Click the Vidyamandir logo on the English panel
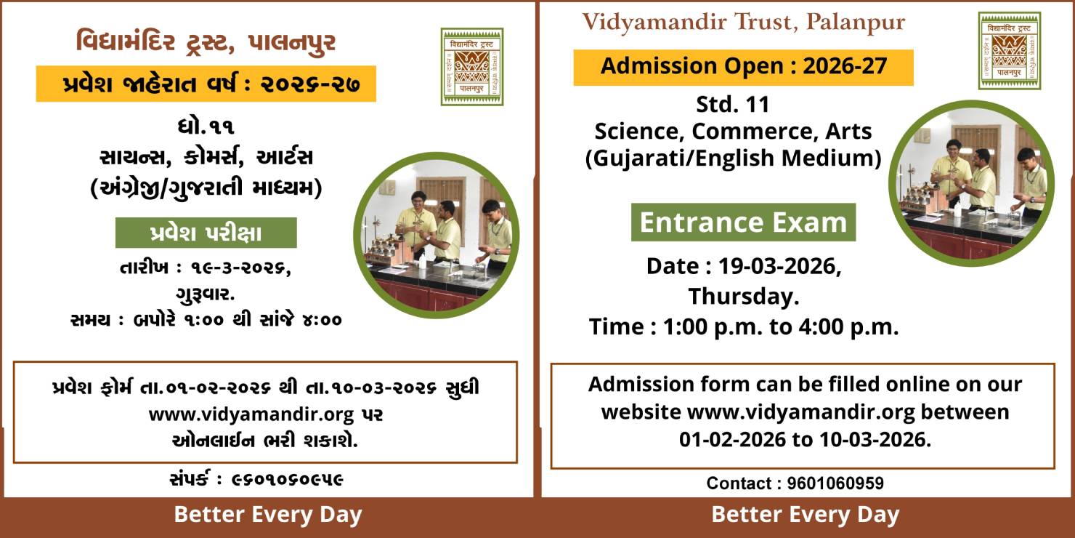pos(1009,51)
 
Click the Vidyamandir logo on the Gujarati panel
pos(471,67)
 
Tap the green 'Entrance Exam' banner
pos(743,222)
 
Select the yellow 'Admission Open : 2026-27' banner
pos(743,67)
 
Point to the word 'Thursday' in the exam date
pos(743,297)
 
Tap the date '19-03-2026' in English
pos(777,266)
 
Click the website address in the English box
pos(800,413)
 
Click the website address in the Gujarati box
pos(251,414)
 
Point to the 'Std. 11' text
pos(733,104)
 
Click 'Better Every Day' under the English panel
pos(806,515)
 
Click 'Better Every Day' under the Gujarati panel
pos(268,515)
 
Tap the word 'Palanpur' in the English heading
pos(856,23)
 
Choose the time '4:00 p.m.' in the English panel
pos(848,327)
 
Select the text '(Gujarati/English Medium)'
pos(734,158)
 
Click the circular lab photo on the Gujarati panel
pos(437,236)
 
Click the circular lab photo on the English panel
pos(972,183)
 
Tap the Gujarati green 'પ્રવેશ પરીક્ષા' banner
pos(206,233)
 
